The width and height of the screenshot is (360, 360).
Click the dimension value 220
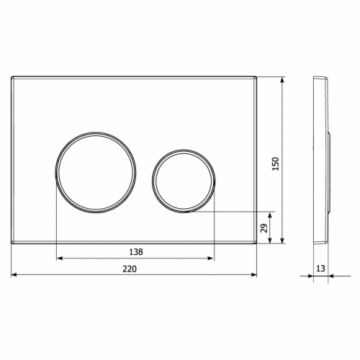point(130,269)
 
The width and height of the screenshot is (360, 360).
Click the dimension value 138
point(136,252)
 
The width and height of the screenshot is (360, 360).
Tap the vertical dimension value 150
point(276,163)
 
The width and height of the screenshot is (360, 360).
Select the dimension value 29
point(264,228)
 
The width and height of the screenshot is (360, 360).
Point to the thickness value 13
point(320,269)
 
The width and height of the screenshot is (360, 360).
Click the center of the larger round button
point(96,172)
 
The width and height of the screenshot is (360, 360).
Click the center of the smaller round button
point(184,181)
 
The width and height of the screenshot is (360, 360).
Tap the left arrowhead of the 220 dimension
point(14,275)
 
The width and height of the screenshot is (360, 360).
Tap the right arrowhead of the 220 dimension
point(254,275)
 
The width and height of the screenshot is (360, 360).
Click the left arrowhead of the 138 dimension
point(59,258)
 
